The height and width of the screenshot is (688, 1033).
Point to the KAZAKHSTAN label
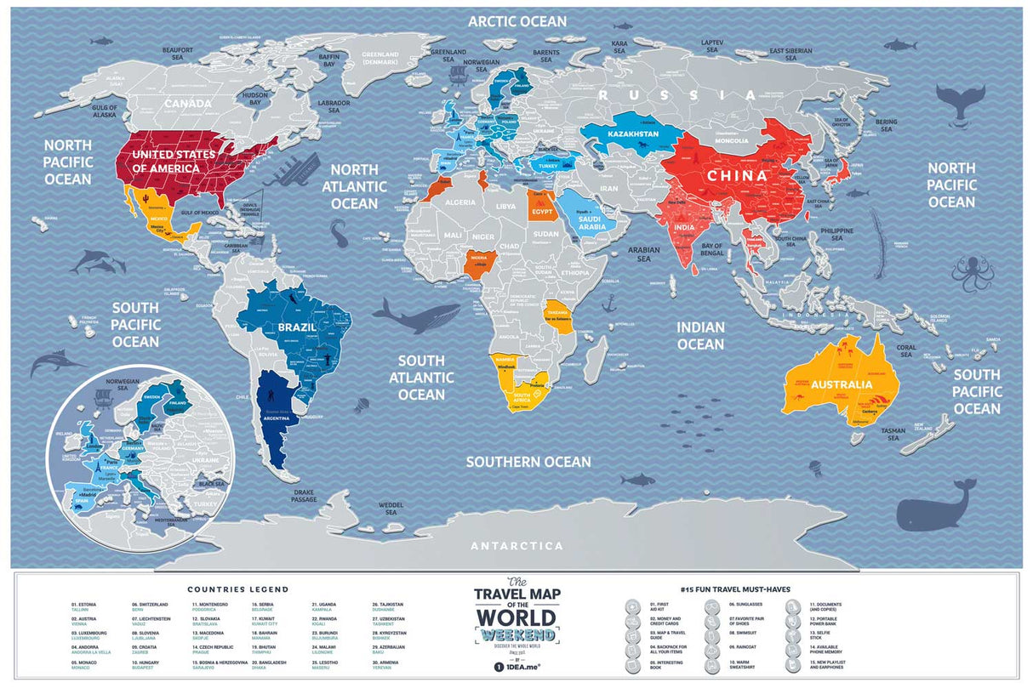pos(632,135)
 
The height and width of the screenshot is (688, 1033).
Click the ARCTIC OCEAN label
pos(516,20)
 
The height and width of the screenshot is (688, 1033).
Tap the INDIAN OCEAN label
pos(700,335)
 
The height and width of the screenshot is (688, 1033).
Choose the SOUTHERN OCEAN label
pos(528,462)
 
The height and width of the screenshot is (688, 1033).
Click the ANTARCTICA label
pos(516,546)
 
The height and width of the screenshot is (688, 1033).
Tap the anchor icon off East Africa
pos(609,302)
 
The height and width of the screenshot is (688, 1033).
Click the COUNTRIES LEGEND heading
pos(238,588)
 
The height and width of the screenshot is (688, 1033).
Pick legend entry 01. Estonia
pos(84,607)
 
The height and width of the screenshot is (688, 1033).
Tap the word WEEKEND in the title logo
pos(516,635)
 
